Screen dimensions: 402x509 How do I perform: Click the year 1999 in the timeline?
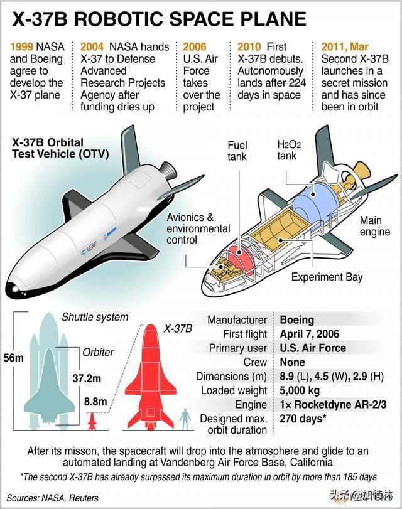point(21,46)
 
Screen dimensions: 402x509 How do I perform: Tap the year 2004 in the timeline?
point(92,46)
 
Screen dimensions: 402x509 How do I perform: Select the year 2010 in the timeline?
point(249,46)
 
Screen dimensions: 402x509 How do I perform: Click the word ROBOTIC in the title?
point(118,19)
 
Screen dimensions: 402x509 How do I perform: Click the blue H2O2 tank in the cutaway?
point(313,199)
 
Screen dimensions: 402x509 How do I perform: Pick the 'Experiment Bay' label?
point(327,277)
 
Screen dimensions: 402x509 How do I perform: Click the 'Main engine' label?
point(375,226)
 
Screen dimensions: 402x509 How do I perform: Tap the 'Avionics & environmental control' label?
point(198,228)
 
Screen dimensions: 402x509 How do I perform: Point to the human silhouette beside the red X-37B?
point(185,419)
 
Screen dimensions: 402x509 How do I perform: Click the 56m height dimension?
point(13,358)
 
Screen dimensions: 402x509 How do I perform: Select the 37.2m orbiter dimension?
point(87,378)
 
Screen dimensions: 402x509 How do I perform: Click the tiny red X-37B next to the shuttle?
point(92,421)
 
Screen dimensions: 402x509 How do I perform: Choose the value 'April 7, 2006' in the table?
point(310,334)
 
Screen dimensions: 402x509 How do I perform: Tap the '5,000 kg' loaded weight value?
point(300,390)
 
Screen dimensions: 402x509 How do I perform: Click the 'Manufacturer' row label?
point(237,319)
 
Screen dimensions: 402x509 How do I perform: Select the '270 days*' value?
point(303,419)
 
